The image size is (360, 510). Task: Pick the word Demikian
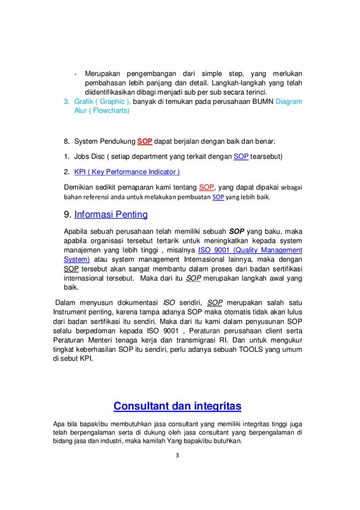click(82, 187)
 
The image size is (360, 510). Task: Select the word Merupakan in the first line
click(105, 73)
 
